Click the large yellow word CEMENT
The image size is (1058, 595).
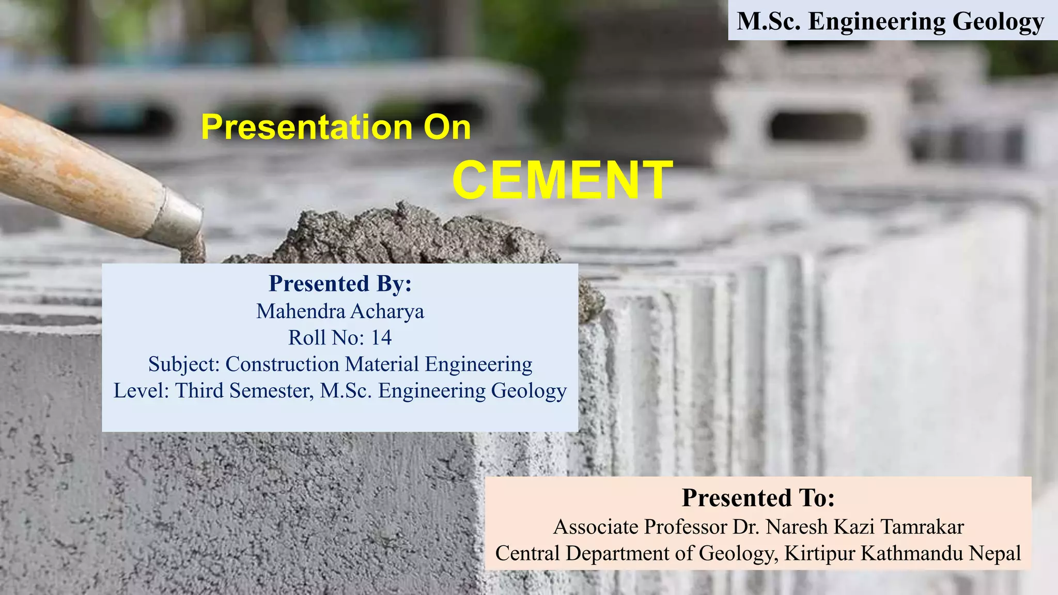tap(562, 180)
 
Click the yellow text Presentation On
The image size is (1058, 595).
tap(336, 127)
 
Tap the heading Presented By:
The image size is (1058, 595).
tap(340, 284)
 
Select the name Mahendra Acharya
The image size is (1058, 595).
tap(340, 311)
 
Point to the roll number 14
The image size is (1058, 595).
tap(381, 338)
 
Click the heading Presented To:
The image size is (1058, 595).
tap(758, 498)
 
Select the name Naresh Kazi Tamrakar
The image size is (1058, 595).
tap(864, 527)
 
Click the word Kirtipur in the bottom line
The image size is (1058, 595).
tap(820, 553)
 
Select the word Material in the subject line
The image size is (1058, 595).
tap(382, 364)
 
